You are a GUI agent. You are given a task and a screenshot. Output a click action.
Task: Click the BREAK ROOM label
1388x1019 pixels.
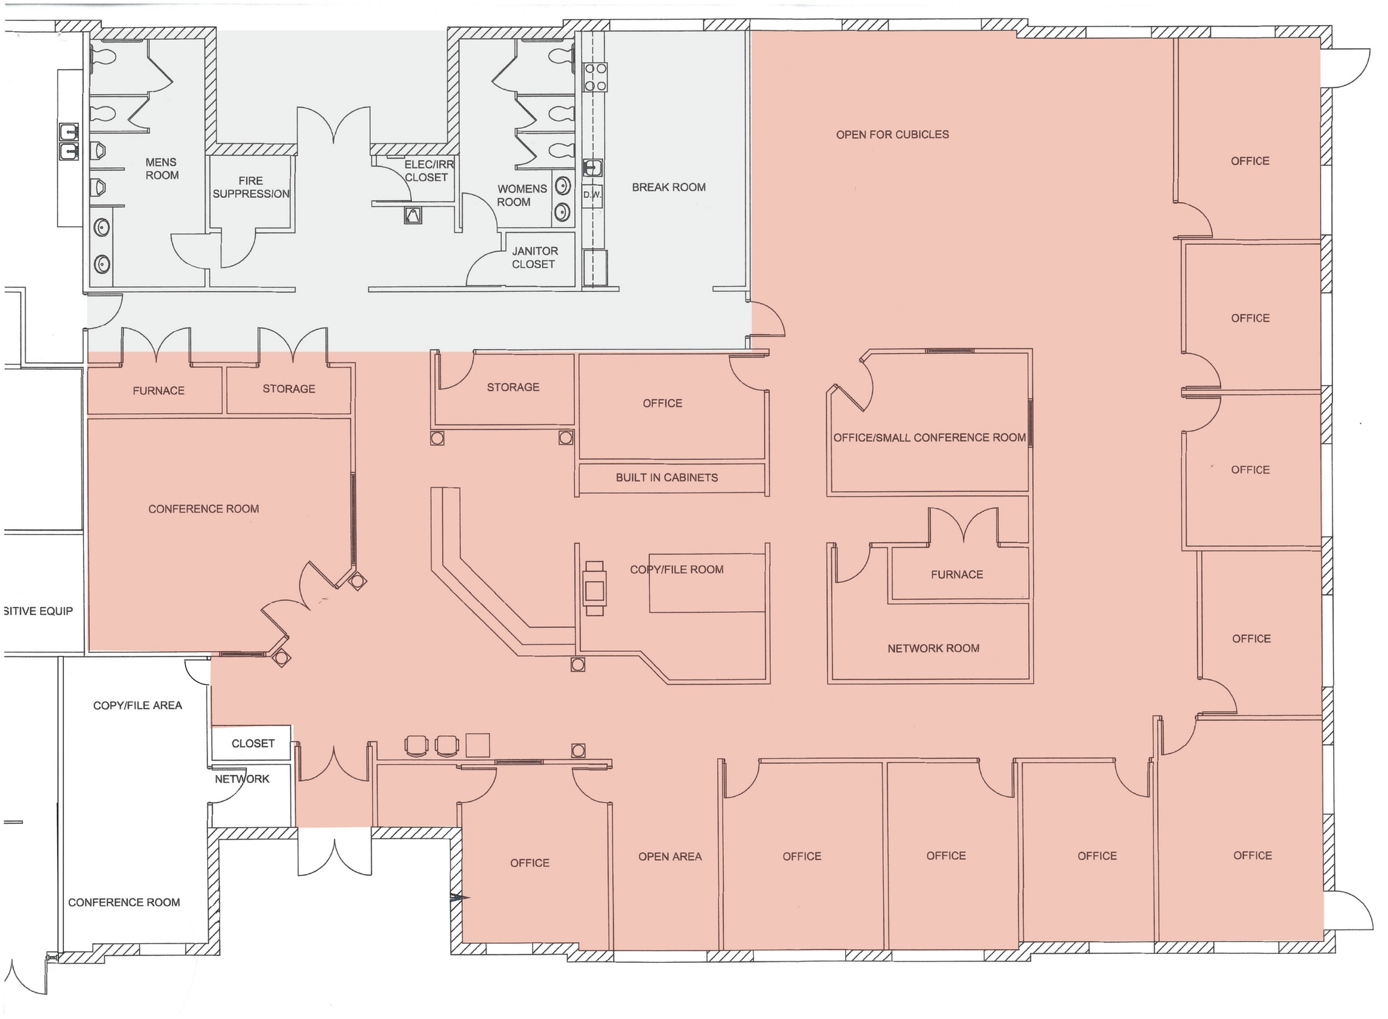pos(668,187)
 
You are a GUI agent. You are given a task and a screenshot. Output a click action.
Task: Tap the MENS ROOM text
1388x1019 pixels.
pos(161,169)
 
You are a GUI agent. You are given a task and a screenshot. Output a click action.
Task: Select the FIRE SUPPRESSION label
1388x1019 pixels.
pos(251,187)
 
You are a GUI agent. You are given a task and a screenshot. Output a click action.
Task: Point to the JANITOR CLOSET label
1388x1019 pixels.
pos(534,257)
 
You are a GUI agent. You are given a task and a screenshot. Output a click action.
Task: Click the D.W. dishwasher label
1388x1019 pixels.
pos(592,195)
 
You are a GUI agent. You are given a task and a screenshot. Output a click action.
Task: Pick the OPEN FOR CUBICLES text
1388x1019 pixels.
pos(892,134)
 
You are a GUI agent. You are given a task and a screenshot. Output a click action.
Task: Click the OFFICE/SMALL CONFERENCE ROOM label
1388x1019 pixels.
pos(929,438)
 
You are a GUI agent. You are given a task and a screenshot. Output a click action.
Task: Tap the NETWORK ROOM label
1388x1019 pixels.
pos(933,648)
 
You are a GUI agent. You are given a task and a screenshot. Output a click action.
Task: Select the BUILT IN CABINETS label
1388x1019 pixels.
pos(666,478)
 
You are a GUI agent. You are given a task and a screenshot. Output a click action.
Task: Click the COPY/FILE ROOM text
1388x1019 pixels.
pos(676,570)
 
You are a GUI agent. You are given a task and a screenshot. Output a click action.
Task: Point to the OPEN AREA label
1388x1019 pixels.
pos(670,856)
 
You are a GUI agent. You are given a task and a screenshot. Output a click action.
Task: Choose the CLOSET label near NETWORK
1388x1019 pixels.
pos(253,743)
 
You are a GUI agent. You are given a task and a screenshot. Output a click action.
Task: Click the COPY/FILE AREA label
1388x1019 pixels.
pos(138,705)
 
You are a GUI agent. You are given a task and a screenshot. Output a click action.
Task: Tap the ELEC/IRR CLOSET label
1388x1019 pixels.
pos(428,171)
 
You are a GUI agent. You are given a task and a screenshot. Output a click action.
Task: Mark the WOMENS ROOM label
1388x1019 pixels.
pos(521,195)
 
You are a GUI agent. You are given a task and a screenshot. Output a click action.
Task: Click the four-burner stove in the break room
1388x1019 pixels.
pos(595,77)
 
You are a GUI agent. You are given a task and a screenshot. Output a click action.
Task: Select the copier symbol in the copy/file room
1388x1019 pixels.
pos(594,588)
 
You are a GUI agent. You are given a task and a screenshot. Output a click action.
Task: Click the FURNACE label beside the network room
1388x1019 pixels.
pos(956,575)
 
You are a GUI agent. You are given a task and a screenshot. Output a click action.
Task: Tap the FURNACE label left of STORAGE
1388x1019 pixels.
pos(158,390)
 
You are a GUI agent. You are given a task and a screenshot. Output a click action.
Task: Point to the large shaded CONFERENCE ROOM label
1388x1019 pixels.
pos(203,509)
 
